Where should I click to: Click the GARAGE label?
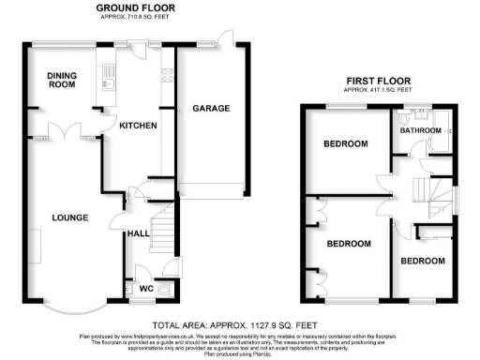[x=212, y=109]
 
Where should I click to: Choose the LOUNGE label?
[x=70, y=217]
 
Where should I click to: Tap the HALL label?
[x=139, y=233]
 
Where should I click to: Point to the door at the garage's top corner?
[x=225, y=37]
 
